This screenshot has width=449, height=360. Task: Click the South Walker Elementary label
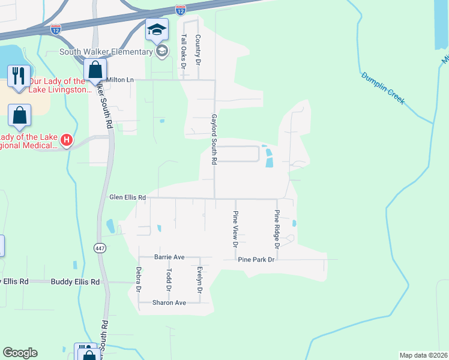106,52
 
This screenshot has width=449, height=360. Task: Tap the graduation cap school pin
157,30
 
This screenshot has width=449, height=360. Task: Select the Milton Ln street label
120,79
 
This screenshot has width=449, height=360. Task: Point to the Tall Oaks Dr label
184,49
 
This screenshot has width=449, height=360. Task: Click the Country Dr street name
197,49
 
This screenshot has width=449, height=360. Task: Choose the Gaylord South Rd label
213,140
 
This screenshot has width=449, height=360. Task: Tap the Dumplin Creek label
383,88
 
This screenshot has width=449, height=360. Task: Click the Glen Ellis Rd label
127,197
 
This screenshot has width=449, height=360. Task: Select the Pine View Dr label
235,229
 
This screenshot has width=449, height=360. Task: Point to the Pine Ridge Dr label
277,229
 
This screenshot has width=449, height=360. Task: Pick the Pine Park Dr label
256,259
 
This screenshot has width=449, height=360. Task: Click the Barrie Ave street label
169,256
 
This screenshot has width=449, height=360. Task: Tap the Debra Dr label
139,280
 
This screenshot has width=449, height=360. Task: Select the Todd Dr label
169,280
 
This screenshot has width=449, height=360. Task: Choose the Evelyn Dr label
199,280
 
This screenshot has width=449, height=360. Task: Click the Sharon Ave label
169,302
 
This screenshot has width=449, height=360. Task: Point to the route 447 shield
100,247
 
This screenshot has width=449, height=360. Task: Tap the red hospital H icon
67,141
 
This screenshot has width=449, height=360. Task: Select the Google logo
20,353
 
